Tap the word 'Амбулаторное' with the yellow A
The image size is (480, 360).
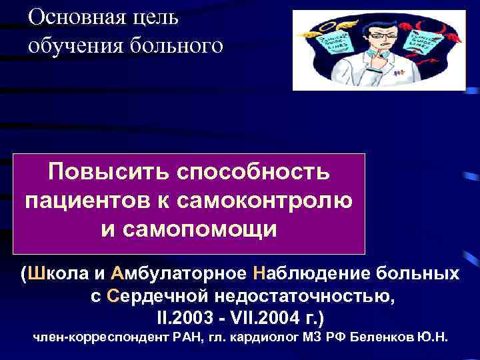coord(177,274)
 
